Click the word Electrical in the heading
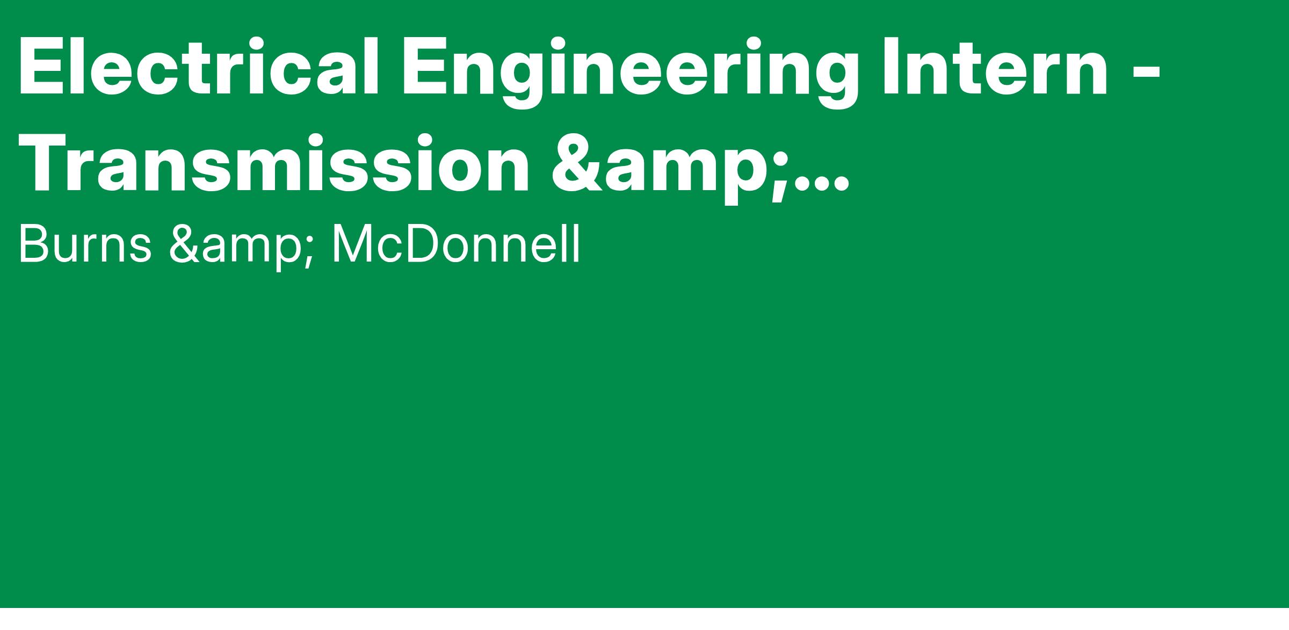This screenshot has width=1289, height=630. tap(199, 67)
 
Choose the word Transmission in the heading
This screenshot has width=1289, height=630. tap(274, 163)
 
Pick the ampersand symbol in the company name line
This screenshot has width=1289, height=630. tap(184, 245)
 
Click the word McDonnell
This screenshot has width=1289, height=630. tap(456, 245)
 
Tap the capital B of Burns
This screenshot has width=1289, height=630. tap(34, 245)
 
